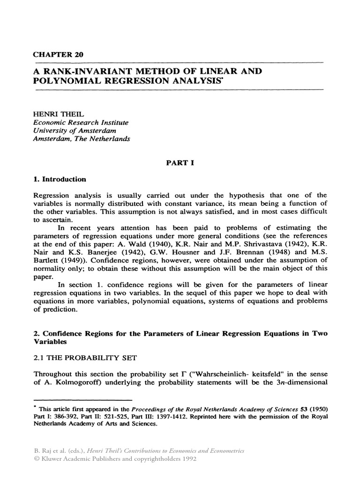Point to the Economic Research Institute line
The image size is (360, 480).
point(80,122)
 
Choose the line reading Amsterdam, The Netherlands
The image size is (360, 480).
point(82,139)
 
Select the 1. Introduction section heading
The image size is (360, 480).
point(59,179)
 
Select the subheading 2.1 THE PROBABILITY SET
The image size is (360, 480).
point(85,358)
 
